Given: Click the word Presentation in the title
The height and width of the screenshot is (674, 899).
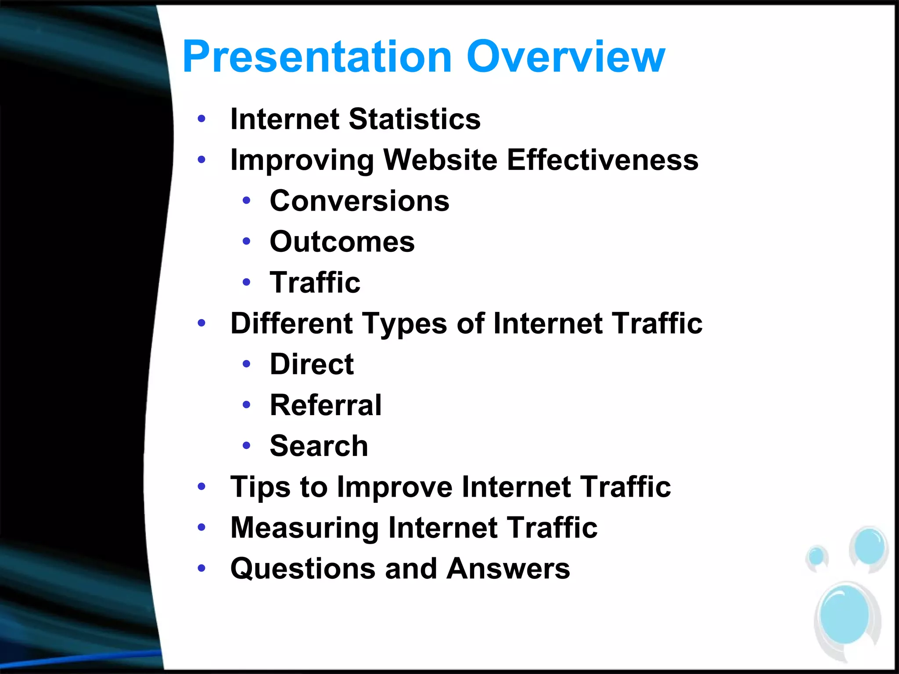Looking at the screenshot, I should click(x=317, y=57).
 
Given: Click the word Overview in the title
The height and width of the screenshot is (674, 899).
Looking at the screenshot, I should click(x=566, y=57).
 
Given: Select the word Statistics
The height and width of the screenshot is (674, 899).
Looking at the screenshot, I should click(x=414, y=119).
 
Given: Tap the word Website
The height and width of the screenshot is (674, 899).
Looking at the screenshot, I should click(x=441, y=160).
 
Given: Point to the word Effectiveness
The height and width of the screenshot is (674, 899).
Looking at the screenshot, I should click(x=602, y=160).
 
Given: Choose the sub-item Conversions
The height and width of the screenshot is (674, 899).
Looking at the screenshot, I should click(x=360, y=201).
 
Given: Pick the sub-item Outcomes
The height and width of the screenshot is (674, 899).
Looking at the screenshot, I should click(x=342, y=242).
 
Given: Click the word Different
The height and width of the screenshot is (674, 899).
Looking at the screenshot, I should click(x=291, y=323).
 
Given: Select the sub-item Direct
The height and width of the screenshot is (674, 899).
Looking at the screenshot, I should click(x=312, y=364).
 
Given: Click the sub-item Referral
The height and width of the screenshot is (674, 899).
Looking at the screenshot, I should click(x=326, y=405).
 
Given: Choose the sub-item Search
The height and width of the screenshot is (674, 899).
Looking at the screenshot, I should click(x=319, y=446).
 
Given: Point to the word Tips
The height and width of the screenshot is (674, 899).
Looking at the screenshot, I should click(x=260, y=488).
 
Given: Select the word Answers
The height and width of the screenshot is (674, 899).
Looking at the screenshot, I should click(x=508, y=569).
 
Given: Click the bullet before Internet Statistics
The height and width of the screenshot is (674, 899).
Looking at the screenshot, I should click(x=201, y=118).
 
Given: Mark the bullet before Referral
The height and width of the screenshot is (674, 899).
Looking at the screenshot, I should click(x=246, y=405).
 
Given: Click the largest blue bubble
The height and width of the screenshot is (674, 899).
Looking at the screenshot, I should click(x=845, y=614).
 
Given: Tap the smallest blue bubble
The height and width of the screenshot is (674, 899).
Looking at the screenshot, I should click(x=816, y=556).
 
